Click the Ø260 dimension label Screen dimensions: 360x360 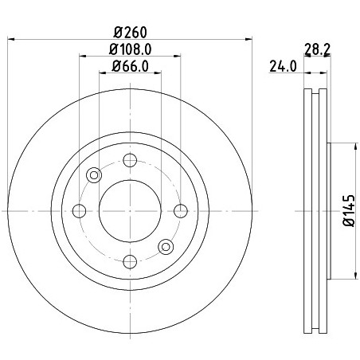(x=130, y=33)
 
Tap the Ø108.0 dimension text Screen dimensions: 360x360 (x=130, y=49)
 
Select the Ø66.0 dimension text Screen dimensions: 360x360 (x=130, y=66)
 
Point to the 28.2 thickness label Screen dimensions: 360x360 (x=317, y=49)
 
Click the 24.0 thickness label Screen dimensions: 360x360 (x=283, y=66)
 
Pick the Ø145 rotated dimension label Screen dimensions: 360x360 (x=349, y=210)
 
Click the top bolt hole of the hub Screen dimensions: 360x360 (x=130, y=160)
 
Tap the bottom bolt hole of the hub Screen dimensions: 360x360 (x=130, y=261)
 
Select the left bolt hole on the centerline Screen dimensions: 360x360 (x=79, y=211)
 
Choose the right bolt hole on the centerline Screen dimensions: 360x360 (x=181, y=211)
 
